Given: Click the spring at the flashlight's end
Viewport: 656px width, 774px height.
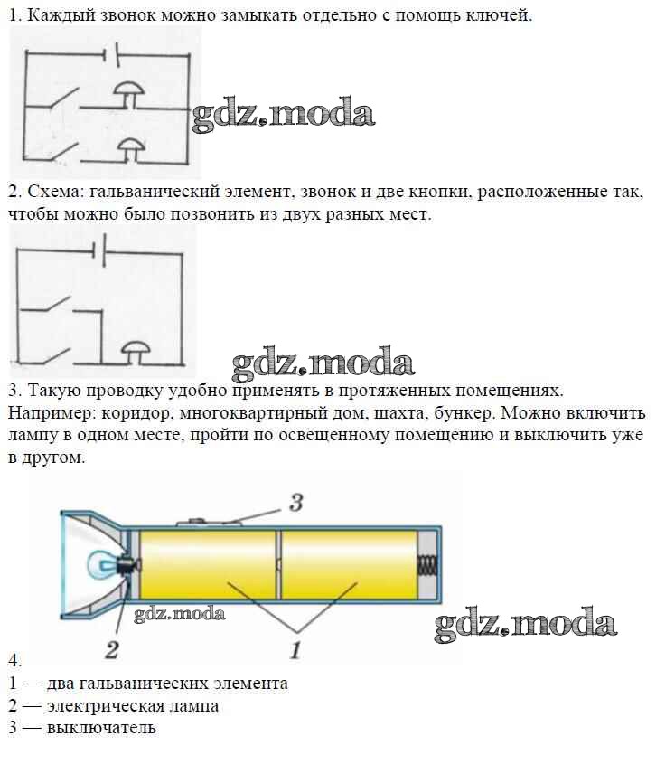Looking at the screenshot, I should (x=426, y=568).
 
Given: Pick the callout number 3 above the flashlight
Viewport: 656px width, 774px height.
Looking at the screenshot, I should (x=295, y=503).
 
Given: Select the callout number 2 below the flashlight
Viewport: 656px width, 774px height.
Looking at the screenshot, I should (x=112, y=647).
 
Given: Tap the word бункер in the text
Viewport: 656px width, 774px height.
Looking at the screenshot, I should (x=462, y=413).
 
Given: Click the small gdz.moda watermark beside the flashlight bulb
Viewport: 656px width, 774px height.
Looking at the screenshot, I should (x=180, y=615).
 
